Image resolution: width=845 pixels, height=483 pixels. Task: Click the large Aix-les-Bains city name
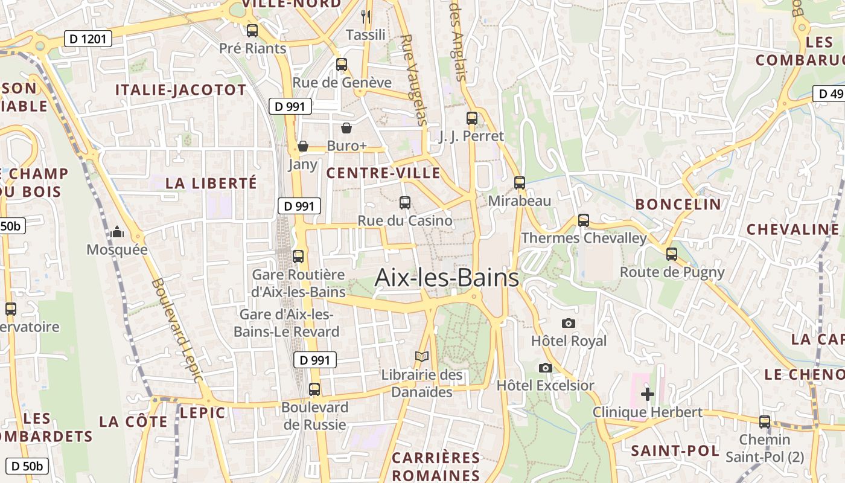click(447, 278)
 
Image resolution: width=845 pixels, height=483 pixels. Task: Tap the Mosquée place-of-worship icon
click(117, 232)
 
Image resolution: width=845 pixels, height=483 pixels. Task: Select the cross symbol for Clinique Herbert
click(647, 394)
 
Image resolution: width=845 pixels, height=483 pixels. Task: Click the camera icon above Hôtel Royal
click(568, 324)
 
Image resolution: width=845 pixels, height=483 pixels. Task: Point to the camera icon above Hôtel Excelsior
click(545, 368)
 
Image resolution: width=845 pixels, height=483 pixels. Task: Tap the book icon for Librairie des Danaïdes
click(421, 357)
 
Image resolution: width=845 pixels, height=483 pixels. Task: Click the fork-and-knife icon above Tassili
click(366, 16)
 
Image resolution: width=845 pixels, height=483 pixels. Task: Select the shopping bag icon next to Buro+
click(346, 128)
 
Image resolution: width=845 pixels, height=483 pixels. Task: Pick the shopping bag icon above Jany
click(303, 146)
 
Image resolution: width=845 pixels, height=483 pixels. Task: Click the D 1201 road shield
click(88, 39)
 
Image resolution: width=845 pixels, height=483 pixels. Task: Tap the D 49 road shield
click(831, 94)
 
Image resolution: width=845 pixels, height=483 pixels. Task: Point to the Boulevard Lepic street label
click(175, 329)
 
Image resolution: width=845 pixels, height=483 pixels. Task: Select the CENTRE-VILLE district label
click(383, 173)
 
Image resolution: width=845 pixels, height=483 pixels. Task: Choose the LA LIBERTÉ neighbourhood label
click(211, 183)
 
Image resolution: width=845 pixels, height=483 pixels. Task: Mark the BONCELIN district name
click(678, 204)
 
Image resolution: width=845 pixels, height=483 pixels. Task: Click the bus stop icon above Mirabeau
click(520, 182)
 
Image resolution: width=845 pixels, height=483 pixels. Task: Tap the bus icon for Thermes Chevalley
click(583, 220)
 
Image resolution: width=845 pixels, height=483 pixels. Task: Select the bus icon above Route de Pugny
click(672, 254)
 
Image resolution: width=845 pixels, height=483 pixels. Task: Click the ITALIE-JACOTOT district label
click(180, 90)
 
